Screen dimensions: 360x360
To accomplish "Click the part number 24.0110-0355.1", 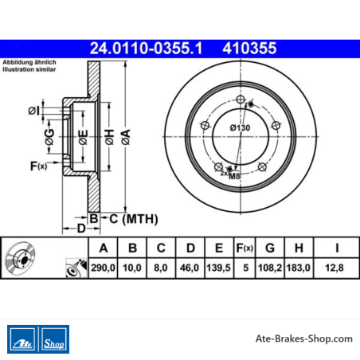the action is pos(146,49).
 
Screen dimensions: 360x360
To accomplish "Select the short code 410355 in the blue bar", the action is pos(249,49).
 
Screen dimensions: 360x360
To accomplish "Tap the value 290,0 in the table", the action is pos(103,268).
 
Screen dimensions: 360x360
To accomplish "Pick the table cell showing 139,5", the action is pos(218,268).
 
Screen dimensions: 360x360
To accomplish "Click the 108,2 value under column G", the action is pos(270,268).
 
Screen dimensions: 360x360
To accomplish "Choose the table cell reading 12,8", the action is pos(335,268).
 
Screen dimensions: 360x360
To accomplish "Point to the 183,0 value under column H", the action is pos(299,268).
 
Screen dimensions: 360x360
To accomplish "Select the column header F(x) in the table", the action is pos(245,248).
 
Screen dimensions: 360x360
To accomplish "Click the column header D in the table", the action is pos(190,248).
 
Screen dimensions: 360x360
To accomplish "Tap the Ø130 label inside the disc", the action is pos(240,127).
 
